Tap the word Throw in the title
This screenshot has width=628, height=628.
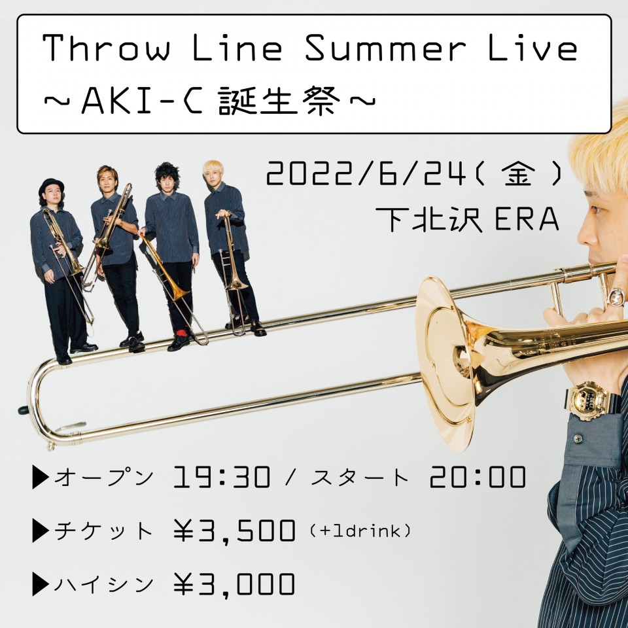click(x=106, y=48)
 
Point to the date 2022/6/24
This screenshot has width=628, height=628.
click(x=366, y=176)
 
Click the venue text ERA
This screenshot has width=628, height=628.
click(x=527, y=220)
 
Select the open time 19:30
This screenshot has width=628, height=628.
click(x=222, y=477)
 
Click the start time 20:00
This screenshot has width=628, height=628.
click(x=478, y=477)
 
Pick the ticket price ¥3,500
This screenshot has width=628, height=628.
click(x=234, y=531)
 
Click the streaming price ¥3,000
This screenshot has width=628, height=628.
click(x=234, y=584)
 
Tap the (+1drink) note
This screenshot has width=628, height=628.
click(x=360, y=531)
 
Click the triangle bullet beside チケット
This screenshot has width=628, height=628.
click(x=41, y=531)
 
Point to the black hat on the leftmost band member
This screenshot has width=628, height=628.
click(x=51, y=186)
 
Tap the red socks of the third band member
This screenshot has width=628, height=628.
click(x=181, y=333)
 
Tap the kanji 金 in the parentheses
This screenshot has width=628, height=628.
click(x=518, y=175)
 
